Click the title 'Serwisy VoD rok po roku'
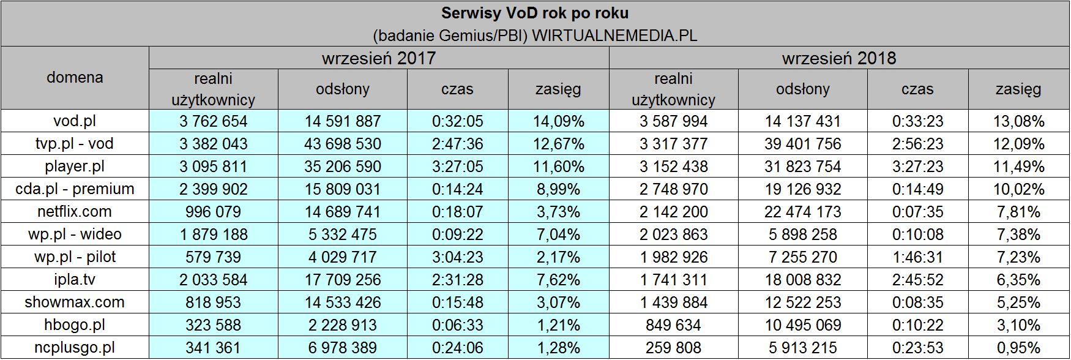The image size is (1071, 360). tap(535, 13)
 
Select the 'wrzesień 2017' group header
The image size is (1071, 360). tap(379, 58)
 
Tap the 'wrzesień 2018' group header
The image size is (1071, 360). tap(838, 58)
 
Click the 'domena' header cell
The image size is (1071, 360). tap(75, 78)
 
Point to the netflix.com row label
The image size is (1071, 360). tap(75, 212)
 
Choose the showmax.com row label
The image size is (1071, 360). tap(75, 302)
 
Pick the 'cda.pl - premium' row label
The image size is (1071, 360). tap(75, 189)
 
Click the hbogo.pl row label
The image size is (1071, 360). tap(75, 325)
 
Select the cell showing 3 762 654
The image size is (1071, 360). tap(213, 121)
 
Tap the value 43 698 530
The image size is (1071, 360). tap(343, 144)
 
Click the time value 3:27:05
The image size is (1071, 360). tap(457, 167)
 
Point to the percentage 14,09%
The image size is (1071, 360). tap(558, 121)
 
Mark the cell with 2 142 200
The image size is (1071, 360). tap(673, 212)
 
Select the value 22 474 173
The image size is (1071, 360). tap(802, 212)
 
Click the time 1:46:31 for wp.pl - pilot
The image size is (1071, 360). tap(917, 257)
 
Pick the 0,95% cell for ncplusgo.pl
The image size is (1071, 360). tap(1018, 348)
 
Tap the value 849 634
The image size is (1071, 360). tap(673, 325)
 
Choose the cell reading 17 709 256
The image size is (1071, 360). tap(343, 280)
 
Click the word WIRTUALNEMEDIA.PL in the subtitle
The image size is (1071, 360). tap(614, 35)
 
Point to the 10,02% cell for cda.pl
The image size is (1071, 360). tap(1018, 189)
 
